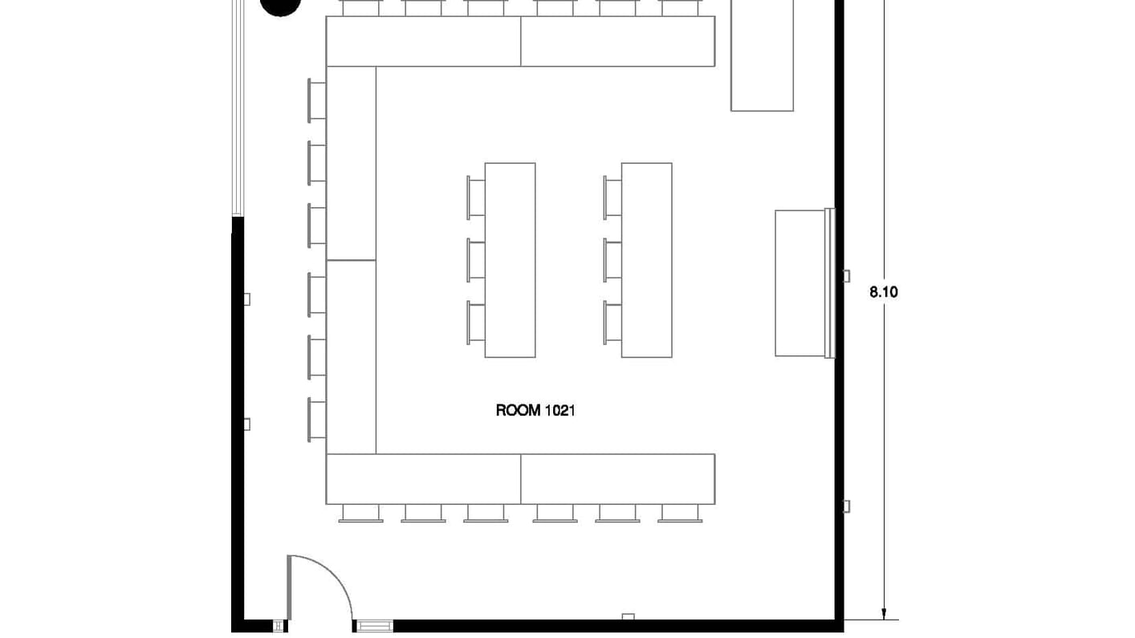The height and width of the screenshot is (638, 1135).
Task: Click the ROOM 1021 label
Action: click(535, 411)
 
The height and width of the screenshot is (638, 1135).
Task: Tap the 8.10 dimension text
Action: click(884, 292)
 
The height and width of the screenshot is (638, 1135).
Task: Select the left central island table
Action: click(510, 260)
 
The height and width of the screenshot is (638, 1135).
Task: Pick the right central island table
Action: click(646, 260)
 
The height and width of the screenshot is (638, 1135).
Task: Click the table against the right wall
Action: click(799, 282)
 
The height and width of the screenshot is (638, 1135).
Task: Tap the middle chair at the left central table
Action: click(476, 261)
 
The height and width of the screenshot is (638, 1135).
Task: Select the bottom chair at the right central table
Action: click(612, 323)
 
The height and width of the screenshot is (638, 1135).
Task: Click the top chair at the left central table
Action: click(476, 198)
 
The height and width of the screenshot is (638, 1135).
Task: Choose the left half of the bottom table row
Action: click(423, 479)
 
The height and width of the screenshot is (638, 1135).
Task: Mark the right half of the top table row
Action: click(617, 41)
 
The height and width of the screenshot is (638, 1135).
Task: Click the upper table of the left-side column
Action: click(351, 163)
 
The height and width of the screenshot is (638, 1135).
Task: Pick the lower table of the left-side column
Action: click(351, 356)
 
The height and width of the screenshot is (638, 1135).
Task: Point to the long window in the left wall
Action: click(238, 108)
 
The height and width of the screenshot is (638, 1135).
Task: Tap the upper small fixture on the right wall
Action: click(846, 276)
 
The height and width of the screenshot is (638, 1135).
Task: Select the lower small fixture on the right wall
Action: click(846, 506)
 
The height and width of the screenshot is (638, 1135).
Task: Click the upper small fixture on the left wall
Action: click(246, 299)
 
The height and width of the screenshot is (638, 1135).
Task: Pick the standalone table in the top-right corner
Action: click(762, 56)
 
